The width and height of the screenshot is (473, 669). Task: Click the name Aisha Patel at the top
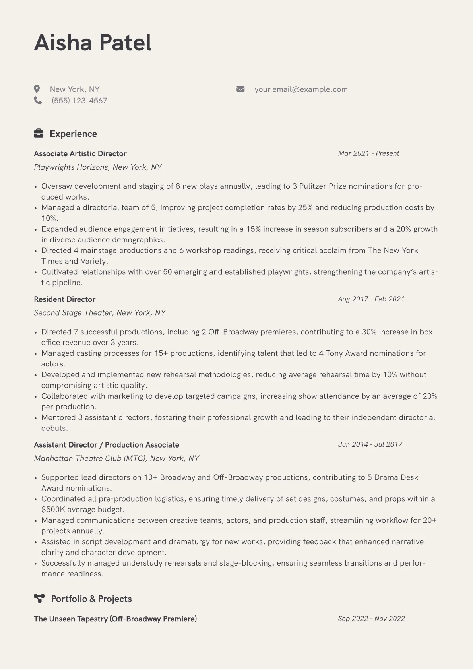(93, 43)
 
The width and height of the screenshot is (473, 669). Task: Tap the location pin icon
(37, 89)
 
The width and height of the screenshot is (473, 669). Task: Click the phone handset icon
(38, 101)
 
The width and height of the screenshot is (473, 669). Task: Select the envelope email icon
(240, 89)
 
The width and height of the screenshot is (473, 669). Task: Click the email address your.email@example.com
(301, 89)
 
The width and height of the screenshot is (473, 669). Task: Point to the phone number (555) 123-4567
(79, 101)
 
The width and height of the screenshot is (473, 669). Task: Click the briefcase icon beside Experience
(39, 134)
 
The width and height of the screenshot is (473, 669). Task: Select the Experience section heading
(73, 134)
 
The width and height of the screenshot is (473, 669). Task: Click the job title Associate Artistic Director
(80, 154)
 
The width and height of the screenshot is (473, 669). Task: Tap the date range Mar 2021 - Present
(368, 153)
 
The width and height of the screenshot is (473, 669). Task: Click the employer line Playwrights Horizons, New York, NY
(98, 167)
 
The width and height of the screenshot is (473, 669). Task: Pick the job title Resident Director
(64, 299)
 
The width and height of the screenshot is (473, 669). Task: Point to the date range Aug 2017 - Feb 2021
(371, 299)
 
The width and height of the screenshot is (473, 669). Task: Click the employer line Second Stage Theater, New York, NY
(100, 313)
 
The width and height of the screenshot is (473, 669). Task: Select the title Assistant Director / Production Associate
(107, 445)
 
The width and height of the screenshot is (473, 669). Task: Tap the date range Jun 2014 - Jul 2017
(370, 444)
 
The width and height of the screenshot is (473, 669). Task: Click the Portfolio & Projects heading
(91, 599)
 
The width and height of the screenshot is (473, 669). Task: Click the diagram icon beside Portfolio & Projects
(39, 599)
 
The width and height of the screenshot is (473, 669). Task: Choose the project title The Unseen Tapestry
(115, 619)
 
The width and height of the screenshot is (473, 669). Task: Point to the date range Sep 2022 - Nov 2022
(371, 619)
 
